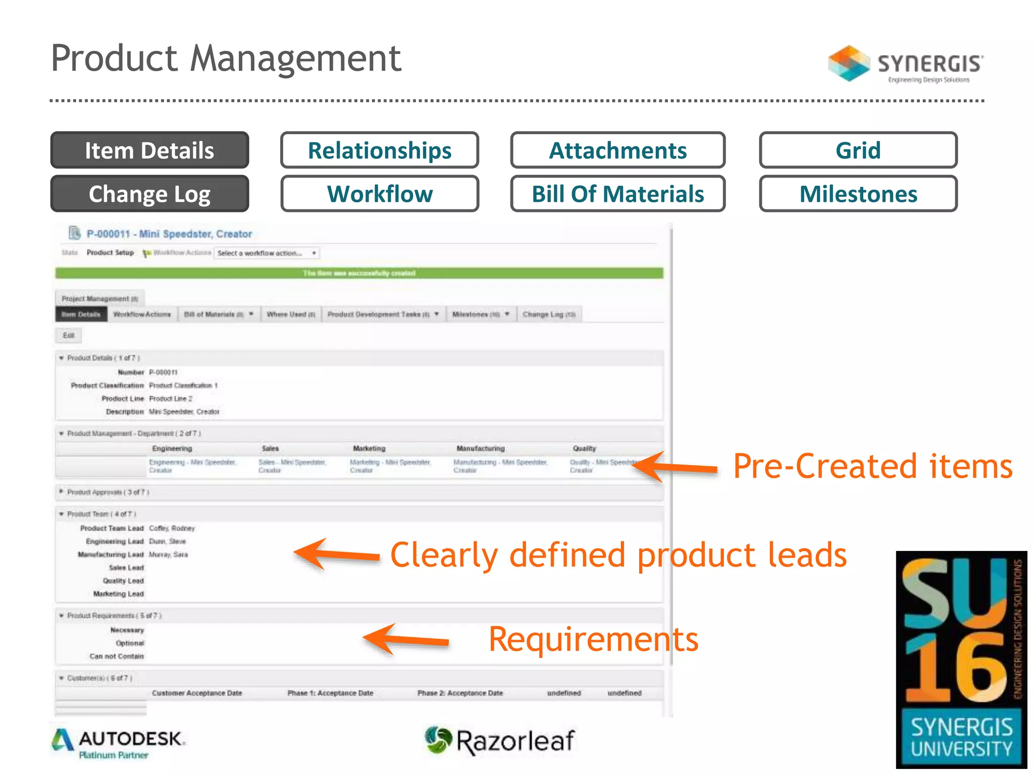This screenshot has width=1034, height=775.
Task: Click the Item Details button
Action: pos(149,150)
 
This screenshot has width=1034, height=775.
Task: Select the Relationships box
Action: pos(380,150)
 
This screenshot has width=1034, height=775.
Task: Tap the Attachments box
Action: pos(617,150)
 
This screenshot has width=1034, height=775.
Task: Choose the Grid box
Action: pos(858,150)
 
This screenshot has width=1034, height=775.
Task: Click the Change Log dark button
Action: pos(149,194)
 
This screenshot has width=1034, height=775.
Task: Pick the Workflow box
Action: pos(380,194)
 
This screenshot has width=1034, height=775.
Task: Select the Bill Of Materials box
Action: pos(617,194)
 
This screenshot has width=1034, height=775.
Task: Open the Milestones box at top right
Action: pos(858,194)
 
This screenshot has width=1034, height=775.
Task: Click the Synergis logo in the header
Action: pos(905,64)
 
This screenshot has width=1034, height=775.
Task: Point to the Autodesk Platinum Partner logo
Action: pos(119,744)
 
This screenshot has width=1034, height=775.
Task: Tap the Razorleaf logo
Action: pos(499,741)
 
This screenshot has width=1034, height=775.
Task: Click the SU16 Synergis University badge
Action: pos(961,659)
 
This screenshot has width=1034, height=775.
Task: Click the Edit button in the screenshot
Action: pos(68,336)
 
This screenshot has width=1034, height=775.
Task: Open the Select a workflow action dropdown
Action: pos(267,253)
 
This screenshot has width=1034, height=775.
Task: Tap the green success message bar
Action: pos(359,273)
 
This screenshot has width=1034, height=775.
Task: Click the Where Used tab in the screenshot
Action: pos(291,314)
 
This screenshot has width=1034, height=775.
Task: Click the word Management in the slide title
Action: pos(295,59)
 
